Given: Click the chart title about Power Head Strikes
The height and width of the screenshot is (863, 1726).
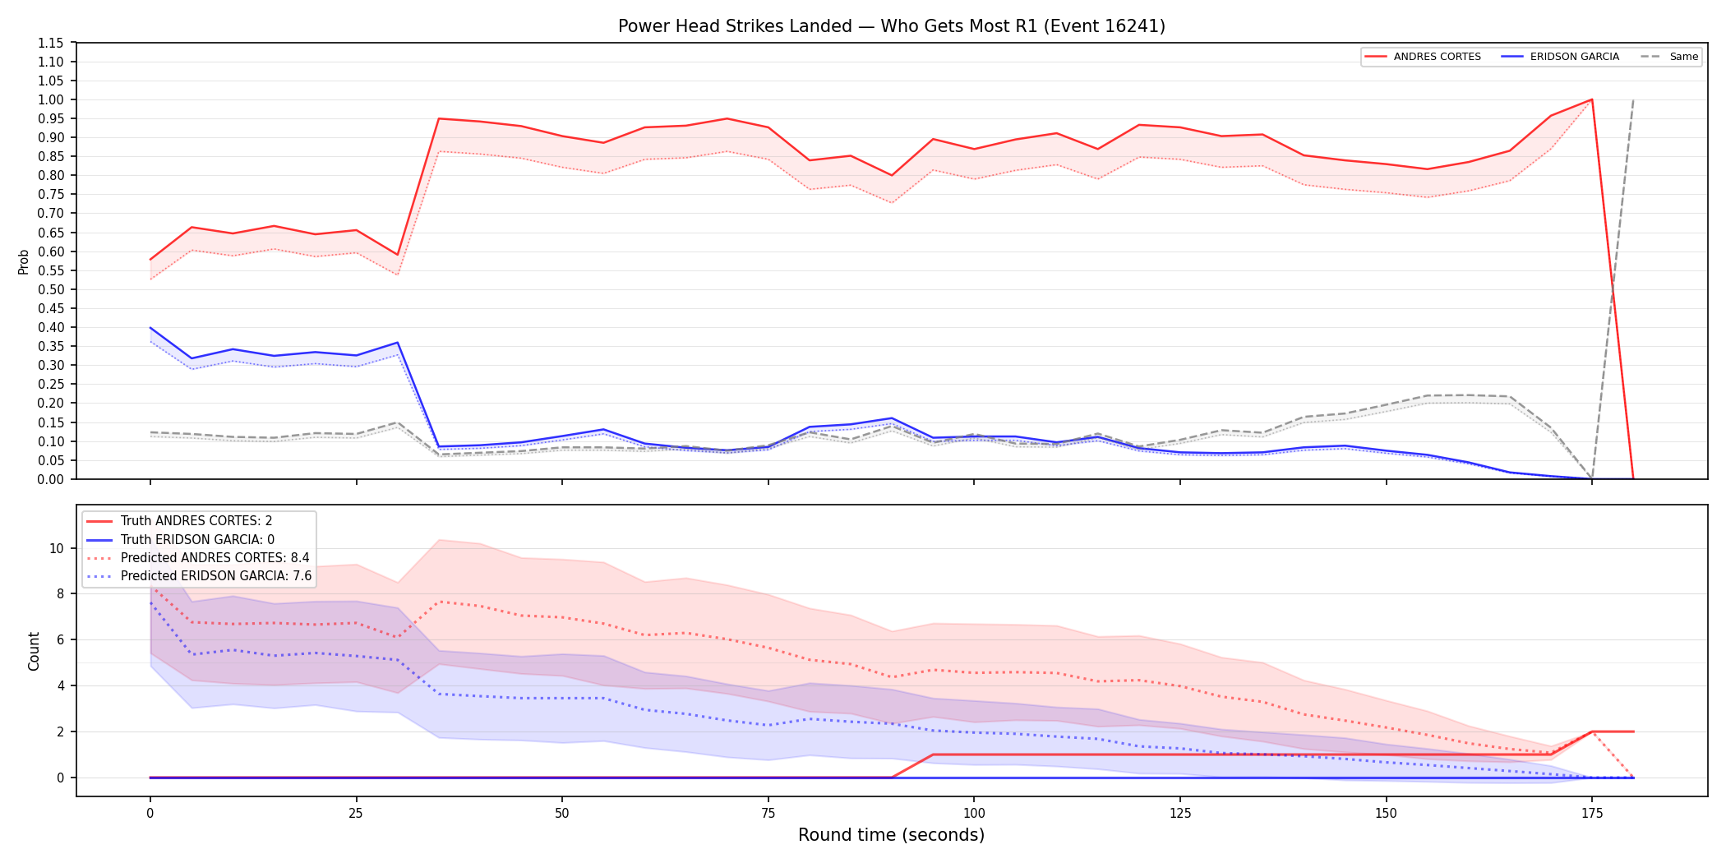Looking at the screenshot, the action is (892, 26).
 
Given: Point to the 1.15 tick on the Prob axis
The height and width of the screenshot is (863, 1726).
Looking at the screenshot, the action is (50, 43).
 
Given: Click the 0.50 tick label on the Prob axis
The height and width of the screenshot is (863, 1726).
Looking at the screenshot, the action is (50, 289).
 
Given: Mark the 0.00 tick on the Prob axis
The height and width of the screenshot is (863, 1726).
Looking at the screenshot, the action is (50, 479).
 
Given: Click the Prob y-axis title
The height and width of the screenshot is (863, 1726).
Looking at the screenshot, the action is (24, 261).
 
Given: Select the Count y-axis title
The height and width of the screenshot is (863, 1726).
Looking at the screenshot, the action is (34, 651).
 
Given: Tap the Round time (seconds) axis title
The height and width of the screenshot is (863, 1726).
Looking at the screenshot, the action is (892, 835).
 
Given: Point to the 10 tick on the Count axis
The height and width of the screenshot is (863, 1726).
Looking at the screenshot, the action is (56, 548).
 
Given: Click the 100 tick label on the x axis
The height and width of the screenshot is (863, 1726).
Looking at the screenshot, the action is (974, 814).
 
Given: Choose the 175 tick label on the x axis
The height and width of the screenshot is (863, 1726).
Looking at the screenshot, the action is (1592, 814).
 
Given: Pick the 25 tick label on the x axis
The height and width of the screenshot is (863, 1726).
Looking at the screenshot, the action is (356, 814).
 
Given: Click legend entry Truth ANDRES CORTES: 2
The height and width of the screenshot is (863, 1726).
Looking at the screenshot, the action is (179, 521).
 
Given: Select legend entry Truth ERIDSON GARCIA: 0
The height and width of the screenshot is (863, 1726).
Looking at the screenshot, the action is (181, 539).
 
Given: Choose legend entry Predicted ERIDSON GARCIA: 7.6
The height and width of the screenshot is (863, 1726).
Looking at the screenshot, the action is (199, 576).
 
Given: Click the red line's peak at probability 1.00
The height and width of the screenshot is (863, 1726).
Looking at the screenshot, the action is (1592, 99).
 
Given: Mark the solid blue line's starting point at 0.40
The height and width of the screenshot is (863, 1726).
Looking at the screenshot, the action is (150, 327).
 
